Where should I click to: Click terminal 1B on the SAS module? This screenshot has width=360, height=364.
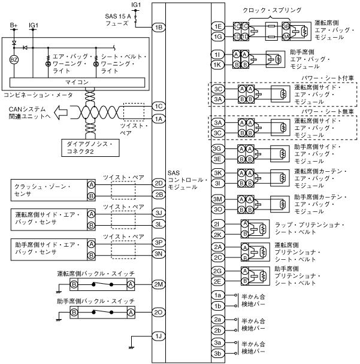(x=158, y=27)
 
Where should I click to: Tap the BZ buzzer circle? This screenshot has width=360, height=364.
(x=15, y=60)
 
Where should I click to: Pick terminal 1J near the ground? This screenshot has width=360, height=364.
(x=158, y=336)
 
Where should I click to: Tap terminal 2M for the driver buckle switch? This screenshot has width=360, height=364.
(x=158, y=284)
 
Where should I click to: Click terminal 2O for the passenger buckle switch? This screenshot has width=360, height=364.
(x=158, y=313)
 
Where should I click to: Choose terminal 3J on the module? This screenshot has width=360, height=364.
(x=158, y=213)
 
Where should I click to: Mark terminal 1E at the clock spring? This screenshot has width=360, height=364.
(x=218, y=26)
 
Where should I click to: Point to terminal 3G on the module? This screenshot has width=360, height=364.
(x=218, y=148)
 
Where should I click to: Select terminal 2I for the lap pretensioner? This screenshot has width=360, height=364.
(x=218, y=224)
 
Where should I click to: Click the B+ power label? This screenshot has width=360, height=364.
(x=14, y=26)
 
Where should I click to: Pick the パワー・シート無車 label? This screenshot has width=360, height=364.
(x=328, y=111)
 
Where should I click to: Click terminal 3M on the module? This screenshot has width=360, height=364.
(x=218, y=199)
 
